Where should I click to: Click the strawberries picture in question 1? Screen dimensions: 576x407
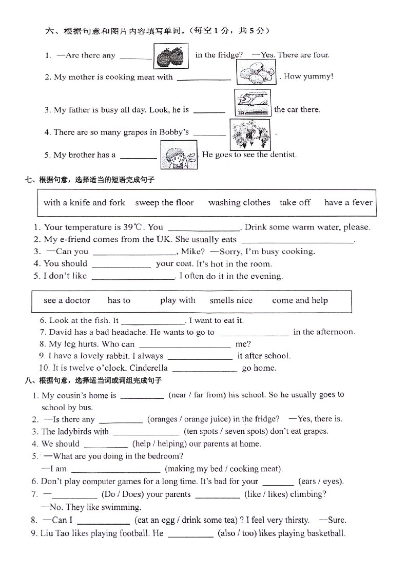171,55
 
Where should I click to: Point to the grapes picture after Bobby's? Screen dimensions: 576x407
249,132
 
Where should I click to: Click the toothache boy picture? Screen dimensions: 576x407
178,154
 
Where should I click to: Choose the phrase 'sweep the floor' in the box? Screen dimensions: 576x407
164,203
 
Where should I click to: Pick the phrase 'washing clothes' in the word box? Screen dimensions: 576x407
239,203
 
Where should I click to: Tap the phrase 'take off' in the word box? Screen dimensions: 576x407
295,203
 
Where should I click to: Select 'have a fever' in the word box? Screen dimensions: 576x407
348,203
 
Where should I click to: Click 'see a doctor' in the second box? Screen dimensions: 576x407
67,301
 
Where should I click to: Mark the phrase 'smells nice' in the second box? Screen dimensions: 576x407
231,301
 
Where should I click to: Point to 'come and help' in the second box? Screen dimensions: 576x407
300,301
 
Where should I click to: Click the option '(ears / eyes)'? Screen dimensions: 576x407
321,482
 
